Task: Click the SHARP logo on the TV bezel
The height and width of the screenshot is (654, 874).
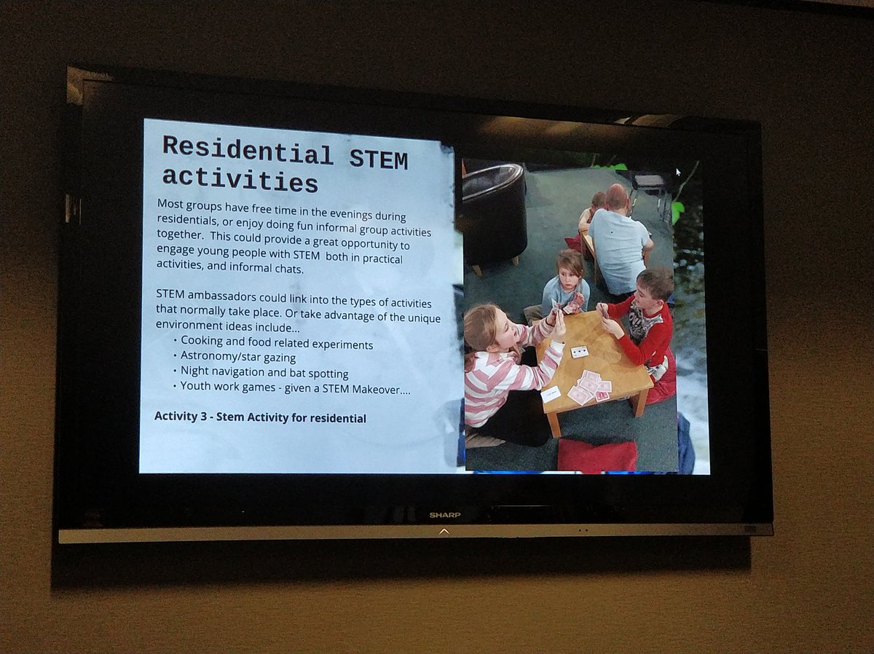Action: [x=444, y=515]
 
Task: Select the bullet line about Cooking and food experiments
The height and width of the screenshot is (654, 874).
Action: [x=277, y=343]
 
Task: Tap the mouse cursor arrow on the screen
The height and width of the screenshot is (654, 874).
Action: [x=678, y=173]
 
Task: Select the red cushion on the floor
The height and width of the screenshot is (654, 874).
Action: [x=597, y=454]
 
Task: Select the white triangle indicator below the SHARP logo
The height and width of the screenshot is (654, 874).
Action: [x=444, y=532]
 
